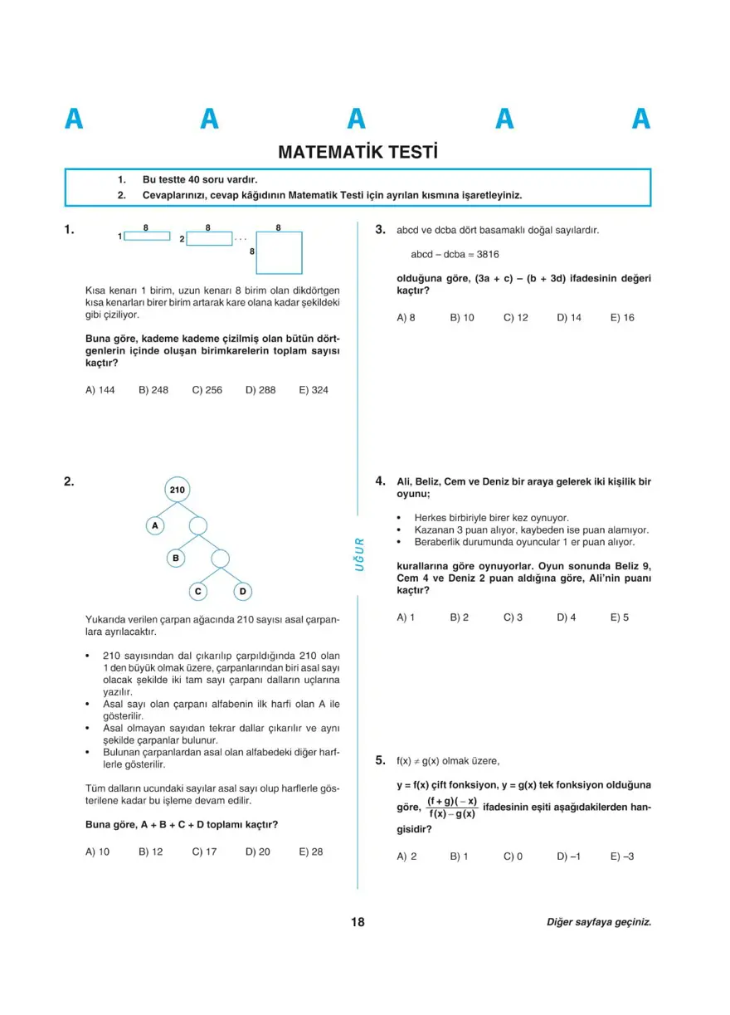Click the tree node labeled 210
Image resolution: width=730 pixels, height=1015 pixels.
pos(177,490)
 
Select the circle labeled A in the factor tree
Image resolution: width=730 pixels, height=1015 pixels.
pos(155,525)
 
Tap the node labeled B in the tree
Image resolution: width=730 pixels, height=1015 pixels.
pos(176,559)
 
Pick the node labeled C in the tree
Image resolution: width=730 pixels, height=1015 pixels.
pos(198,592)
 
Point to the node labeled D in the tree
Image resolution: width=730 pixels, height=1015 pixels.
pos(242,592)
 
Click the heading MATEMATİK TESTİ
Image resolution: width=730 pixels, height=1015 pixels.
pos(358,153)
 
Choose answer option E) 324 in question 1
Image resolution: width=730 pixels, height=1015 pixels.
pos(313,390)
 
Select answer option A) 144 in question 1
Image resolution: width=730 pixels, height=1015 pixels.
pos(100,390)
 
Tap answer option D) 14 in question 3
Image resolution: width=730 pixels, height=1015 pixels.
pos(569,318)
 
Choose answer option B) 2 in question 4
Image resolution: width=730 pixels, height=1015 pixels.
pos(459,617)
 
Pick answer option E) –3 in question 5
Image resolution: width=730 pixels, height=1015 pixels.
pos(622,856)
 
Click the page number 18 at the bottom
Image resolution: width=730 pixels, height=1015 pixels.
pos(358,922)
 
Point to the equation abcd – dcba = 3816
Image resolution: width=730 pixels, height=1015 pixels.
pos(455,255)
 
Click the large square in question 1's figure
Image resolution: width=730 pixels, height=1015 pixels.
pos(279,252)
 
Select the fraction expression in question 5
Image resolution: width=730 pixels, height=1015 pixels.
pos(452,808)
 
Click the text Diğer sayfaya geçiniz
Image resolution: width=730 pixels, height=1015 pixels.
pos(599,922)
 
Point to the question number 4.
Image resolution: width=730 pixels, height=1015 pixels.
pos(379,481)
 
